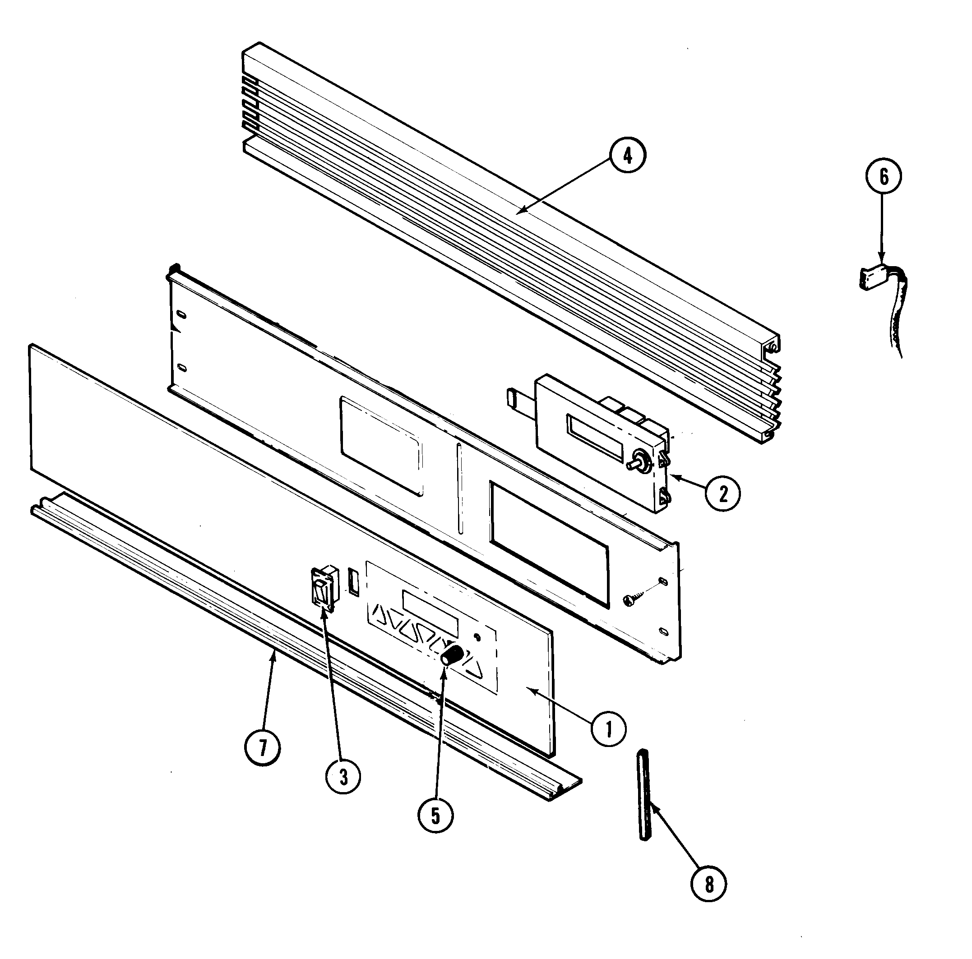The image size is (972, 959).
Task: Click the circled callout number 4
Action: pyautogui.click(x=627, y=157)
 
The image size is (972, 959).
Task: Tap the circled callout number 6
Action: pyautogui.click(x=884, y=176)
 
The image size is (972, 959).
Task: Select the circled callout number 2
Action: pyautogui.click(x=722, y=495)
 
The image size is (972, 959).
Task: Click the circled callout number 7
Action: pyautogui.click(x=262, y=748)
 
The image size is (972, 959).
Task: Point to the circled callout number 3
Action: pyautogui.click(x=343, y=777)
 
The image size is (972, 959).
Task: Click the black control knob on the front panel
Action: pyautogui.click(x=451, y=656)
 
